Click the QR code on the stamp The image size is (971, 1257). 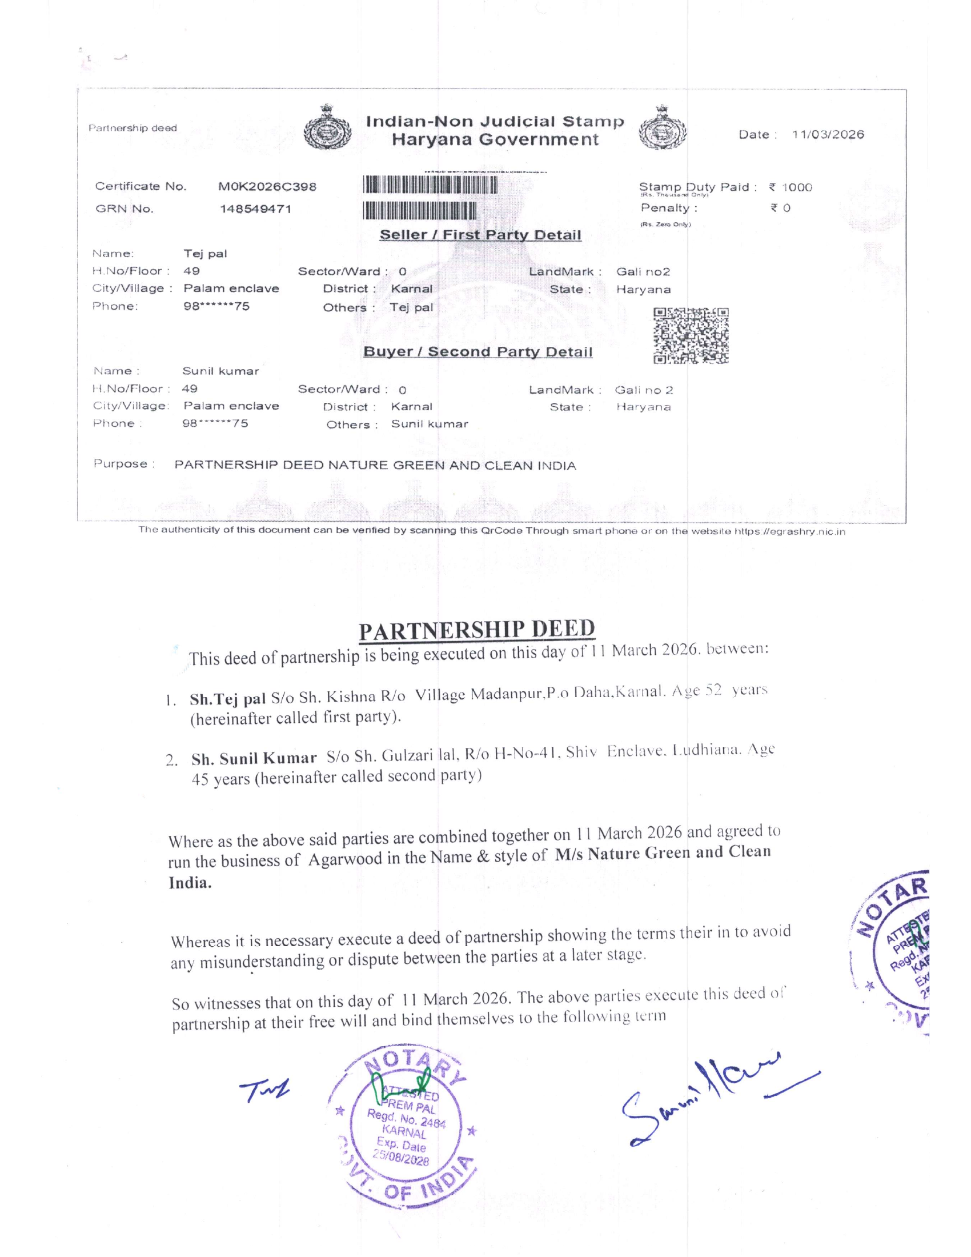coord(691,335)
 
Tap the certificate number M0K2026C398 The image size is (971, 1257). coord(267,186)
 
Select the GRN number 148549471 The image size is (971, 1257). coord(255,209)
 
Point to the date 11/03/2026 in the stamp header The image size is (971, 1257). coord(828,134)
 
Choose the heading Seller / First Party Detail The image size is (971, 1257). coord(480,235)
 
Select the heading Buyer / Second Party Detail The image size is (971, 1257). coord(478,351)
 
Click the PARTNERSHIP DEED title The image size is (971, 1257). coord(477,629)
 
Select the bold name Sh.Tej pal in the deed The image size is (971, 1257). coord(228,699)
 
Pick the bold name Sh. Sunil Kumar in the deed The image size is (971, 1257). coord(254,759)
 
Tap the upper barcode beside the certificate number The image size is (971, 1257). coord(430,185)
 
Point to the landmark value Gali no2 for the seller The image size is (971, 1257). coord(643,271)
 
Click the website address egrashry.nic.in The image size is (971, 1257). coord(789,531)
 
